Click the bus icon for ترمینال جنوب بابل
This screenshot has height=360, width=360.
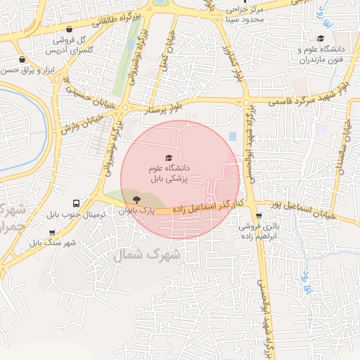[75, 202]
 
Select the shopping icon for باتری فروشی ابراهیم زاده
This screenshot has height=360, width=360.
[259, 217]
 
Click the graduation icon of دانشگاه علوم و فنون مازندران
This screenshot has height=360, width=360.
[321, 39]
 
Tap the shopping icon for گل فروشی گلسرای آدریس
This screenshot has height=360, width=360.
[70, 30]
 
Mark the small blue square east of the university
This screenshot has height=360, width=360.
[233, 136]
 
